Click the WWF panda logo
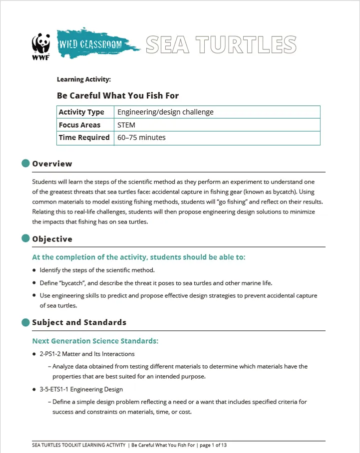40,46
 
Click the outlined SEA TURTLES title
221,45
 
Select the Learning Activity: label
83,79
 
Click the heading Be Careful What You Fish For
118,95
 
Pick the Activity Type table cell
81,112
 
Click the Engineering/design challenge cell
165,112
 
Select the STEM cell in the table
126,125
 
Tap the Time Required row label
84,138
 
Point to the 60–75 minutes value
141,138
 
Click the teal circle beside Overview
26,163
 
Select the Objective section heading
52,239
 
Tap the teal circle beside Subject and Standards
26,322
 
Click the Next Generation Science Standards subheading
95,341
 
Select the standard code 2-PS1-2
52,354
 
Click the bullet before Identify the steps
34,270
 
